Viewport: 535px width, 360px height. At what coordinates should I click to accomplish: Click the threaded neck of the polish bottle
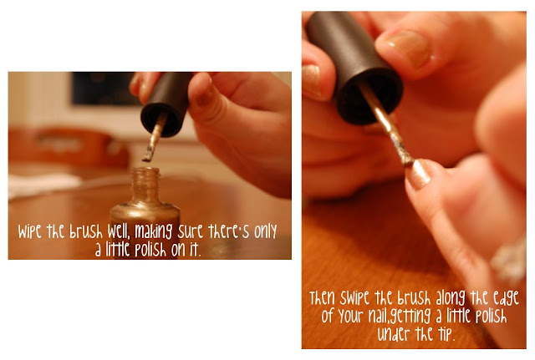tap(145, 185)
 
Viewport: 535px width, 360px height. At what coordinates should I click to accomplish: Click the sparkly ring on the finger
tap(509, 259)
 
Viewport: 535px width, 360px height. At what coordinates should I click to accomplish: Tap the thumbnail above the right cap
tap(409, 47)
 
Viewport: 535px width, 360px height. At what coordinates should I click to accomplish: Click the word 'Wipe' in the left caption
tap(30, 232)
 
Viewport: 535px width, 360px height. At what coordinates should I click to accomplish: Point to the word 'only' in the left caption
tap(266, 232)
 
